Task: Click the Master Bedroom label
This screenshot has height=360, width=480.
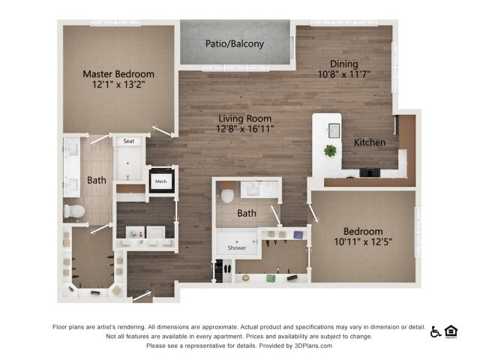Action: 118,74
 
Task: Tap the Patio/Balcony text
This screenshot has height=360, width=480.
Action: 235,43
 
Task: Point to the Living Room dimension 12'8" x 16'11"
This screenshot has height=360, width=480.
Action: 245,130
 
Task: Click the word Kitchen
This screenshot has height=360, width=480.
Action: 369,142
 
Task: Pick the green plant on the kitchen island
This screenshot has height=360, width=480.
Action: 330,151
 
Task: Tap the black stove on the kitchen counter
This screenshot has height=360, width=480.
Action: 370,172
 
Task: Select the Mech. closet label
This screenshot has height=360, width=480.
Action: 161,181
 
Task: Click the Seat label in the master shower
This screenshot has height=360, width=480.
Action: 128,141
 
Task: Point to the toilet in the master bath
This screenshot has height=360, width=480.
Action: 73,211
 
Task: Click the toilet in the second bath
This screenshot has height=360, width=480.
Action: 228,196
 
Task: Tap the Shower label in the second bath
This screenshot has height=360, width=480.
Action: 236,247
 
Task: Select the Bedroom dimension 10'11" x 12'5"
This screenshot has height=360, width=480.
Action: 363,242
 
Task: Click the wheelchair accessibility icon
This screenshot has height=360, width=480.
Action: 436,331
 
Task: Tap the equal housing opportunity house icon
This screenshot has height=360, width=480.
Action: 451,331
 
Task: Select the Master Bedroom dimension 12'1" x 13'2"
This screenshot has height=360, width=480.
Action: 118,85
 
